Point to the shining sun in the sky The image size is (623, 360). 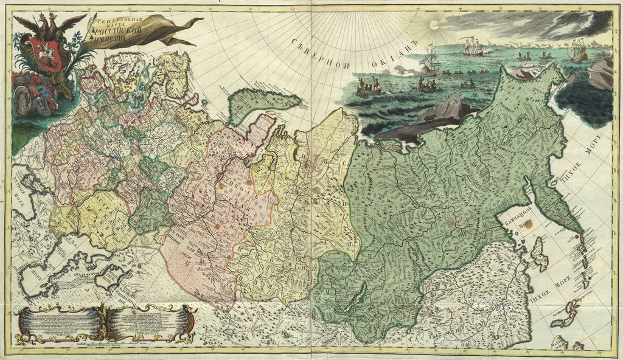pos(434,25)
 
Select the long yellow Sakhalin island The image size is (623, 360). pos(539,254)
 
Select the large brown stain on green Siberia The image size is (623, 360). pos(451,224)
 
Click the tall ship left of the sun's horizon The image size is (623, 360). pos(430,61)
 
